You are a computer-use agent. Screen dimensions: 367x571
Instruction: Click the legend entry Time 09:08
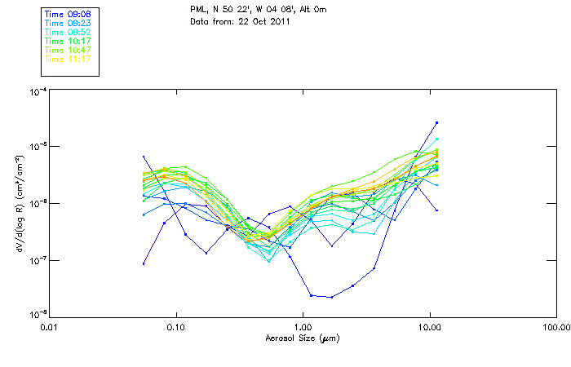click(68, 14)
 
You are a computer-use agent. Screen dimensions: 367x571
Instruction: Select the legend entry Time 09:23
click(68, 23)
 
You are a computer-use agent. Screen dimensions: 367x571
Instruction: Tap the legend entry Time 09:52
click(68, 32)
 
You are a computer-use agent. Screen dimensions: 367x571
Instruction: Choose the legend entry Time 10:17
click(68, 41)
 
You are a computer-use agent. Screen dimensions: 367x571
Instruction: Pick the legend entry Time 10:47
click(68, 50)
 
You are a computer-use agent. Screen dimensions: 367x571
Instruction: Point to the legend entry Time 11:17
click(68, 59)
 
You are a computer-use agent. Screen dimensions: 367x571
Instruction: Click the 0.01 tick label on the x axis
click(50, 327)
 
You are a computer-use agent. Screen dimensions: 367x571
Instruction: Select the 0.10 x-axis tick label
click(176, 327)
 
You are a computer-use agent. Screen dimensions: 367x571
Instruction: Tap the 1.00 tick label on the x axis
click(303, 327)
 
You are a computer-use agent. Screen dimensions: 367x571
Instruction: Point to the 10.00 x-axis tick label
click(429, 327)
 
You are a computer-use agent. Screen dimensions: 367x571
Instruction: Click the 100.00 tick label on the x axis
click(556, 327)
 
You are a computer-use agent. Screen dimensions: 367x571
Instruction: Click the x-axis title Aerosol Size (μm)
click(303, 337)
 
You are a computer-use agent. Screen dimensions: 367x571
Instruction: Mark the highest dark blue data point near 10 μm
click(436, 123)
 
